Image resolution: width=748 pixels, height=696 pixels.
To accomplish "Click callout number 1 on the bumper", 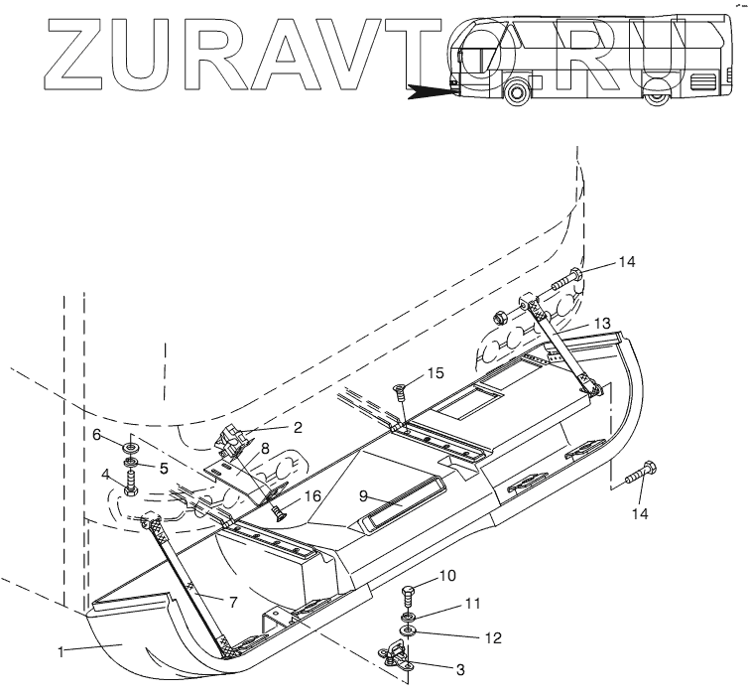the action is point(62,651).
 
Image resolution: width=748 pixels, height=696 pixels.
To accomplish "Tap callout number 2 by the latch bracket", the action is point(298,427).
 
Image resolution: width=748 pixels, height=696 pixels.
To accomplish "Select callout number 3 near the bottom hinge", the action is point(460,670).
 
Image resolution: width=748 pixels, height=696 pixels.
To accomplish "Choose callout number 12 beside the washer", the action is point(493,637).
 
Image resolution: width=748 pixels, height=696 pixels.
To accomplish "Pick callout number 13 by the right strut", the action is point(602,324).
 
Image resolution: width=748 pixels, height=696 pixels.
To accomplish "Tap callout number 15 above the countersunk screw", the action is point(436,373).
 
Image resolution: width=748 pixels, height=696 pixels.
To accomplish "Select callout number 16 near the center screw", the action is point(312,496).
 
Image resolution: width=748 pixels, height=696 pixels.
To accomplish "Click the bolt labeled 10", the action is point(407,597).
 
